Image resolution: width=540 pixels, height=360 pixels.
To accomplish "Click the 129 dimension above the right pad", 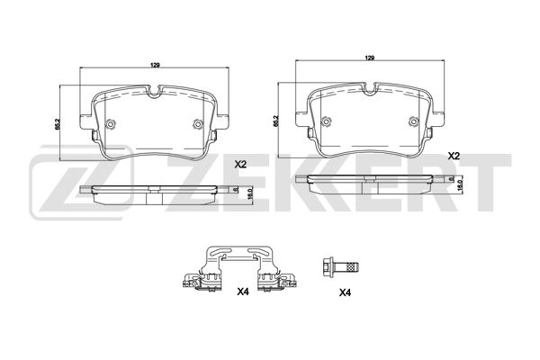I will coord(368,58).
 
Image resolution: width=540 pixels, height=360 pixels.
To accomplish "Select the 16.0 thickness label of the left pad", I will coord(248,192).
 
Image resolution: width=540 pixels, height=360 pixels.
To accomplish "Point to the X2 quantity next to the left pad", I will coord(240,164).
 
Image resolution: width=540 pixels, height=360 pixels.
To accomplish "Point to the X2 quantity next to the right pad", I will coord(454,156).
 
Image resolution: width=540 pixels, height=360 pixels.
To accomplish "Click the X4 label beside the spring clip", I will coord(242,292).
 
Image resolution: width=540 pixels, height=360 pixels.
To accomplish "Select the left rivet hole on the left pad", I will coord(110,125).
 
